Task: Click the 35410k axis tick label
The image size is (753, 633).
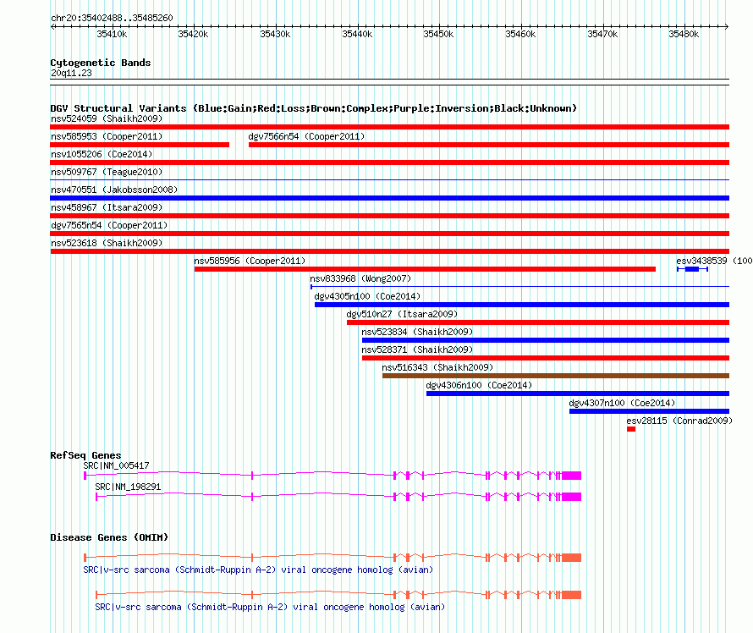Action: click(x=112, y=34)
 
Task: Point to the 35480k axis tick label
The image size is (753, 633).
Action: click(x=684, y=34)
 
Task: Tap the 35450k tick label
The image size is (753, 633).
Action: click(x=438, y=34)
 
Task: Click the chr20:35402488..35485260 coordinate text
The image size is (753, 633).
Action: click(x=112, y=18)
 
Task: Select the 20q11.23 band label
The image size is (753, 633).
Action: click(x=71, y=73)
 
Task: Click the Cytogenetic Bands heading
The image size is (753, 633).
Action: click(x=101, y=63)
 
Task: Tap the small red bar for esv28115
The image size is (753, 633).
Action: click(x=631, y=429)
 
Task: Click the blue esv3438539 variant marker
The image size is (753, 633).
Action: click(x=692, y=269)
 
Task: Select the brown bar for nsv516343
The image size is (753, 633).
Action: click(x=556, y=376)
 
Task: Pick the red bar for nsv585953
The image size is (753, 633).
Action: click(x=140, y=145)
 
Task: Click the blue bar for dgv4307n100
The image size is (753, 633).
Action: click(x=649, y=411)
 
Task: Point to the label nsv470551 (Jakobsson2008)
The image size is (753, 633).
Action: click(x=114, y=190)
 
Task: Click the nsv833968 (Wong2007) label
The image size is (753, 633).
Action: click(x=360, y=278)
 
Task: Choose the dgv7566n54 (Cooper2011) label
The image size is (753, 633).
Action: click(x=306, y=136)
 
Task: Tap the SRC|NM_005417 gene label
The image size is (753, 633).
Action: click(x=116, y=465)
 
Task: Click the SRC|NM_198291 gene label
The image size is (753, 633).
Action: click(x=128, y=487)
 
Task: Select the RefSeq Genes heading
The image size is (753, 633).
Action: click(x=85, y=455)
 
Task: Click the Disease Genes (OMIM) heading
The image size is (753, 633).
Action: click(x=109, y=537)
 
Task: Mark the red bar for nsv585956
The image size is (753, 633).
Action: click(x=425, y=269)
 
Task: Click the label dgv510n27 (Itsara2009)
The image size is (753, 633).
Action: click(x=402, y=314)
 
